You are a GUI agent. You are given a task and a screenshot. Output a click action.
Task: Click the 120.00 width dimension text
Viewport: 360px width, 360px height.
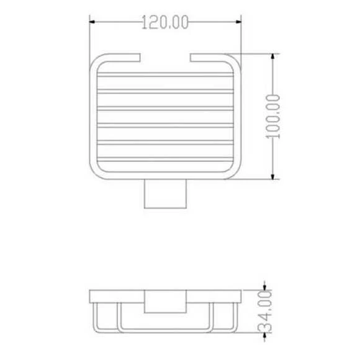[165, 24]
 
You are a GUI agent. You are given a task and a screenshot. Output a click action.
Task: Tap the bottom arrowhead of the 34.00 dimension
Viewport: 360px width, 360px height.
[266, 345]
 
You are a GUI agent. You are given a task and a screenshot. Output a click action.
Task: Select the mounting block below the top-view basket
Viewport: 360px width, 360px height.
[166, 195]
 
